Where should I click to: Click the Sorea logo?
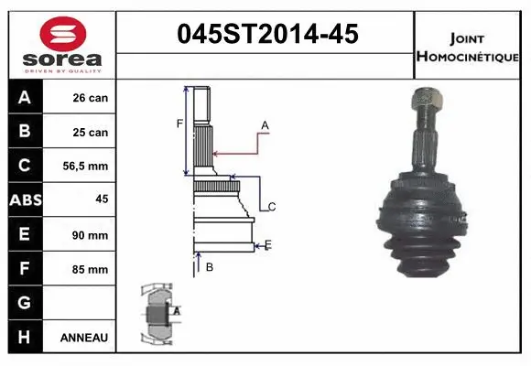pyautogui.click(x=62, y=46)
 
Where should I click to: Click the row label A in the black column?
pyautogui.click(x=24, y=97)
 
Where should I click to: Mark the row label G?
pyautogui.click(x=24, y=303)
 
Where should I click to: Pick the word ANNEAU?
pyautogui.click(x=84, y=338)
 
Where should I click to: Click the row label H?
pyautogui.click(x=24, y=338)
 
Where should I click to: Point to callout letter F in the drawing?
pyautogui.click(x=179, y=123)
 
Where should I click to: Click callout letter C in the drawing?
pyautogui.click(x=272, y=207)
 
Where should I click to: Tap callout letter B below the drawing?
pyautogui.click(x=210, y=267)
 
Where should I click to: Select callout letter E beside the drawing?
pyautogui.click(x=267, y=244)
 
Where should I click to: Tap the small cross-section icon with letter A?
pyautogui.click(x=157, y=312)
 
